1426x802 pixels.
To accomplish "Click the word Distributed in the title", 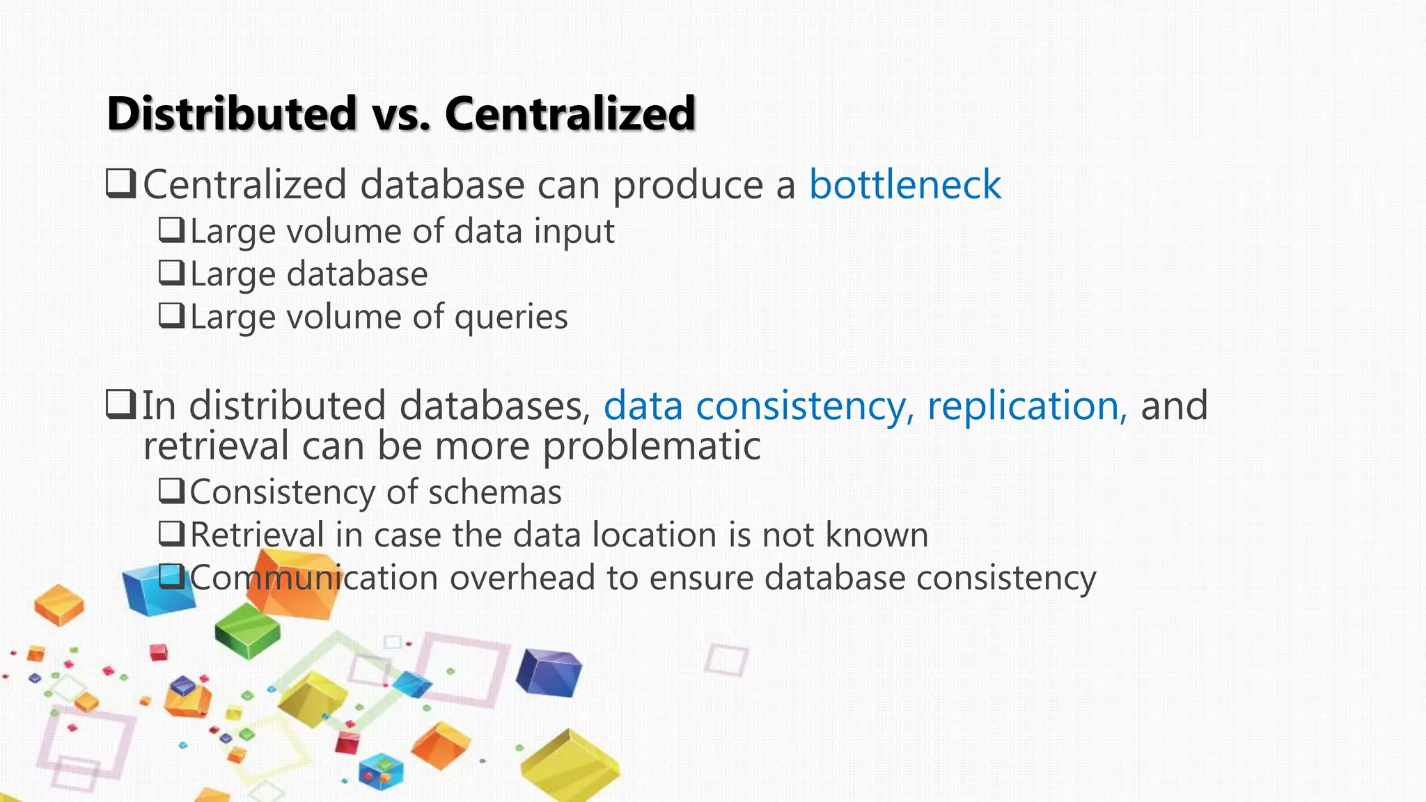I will (232, 113).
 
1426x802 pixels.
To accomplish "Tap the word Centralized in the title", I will (570, 113).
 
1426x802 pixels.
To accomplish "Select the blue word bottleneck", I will (904, 185).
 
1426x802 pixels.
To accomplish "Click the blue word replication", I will (1026, 406).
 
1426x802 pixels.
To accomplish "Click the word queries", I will (511, 318).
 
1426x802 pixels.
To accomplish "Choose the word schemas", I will (494, 493).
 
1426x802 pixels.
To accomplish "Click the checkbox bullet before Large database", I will (171, 273).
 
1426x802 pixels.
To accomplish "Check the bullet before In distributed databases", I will (120, 404).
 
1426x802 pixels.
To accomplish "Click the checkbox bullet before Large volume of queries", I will (171, 316).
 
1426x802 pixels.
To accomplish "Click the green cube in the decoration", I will (247, 629).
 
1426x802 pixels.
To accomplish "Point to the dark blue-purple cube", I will (549, 671).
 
